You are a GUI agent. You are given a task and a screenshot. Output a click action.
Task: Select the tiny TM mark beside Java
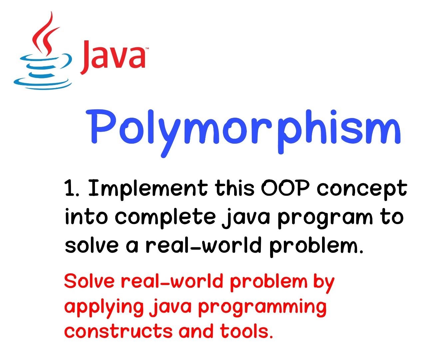(146, 49)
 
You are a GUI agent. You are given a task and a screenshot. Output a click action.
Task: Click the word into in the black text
(87, 217)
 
